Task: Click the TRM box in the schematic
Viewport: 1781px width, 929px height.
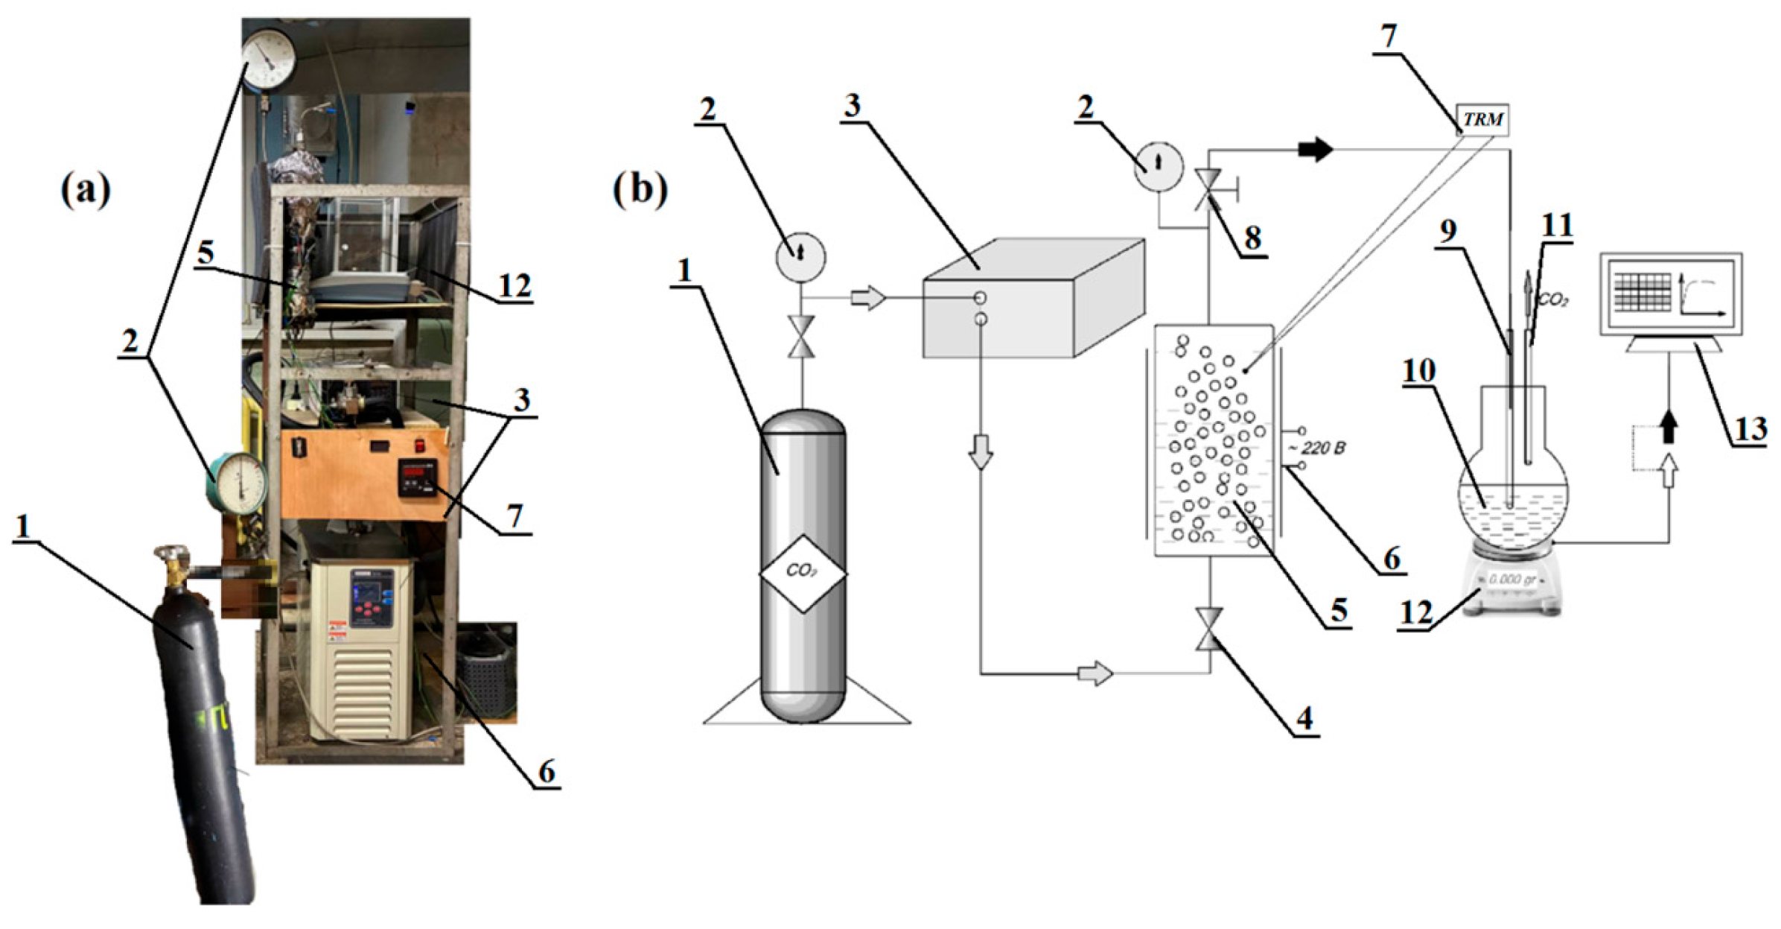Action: [1482, 120]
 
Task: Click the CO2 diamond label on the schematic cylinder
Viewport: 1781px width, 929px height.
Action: [802, 573]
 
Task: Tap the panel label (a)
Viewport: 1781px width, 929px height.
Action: [86, 191]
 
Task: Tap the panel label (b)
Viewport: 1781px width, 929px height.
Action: [640, 191]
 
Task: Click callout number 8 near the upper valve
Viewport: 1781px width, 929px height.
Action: [1252, 238]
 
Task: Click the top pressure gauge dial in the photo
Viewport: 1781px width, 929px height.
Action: [268, 60]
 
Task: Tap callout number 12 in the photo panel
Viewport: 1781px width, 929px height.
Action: [514, 285]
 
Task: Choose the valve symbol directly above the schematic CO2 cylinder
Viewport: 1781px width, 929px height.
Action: [801, 337]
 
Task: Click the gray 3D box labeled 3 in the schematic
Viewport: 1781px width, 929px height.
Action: [1033, 298]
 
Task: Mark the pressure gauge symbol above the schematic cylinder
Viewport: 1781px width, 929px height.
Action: [800, 256]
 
